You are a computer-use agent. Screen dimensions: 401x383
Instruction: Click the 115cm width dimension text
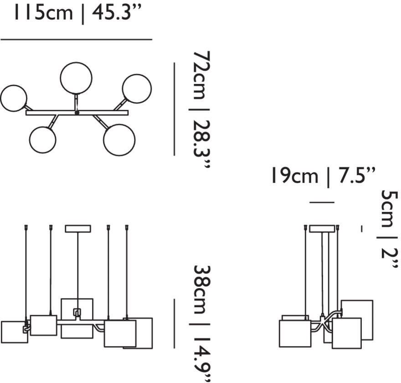click(43, 12)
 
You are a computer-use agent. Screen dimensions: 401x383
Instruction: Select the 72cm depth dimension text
click(202, 75)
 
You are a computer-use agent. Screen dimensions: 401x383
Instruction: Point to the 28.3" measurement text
click(202, 144)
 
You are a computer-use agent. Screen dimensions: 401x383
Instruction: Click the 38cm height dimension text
click(202, 290)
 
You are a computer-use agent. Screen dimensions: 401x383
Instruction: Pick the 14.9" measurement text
click(202, 358)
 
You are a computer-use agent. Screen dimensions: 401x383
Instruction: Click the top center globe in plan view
click(76, 78)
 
